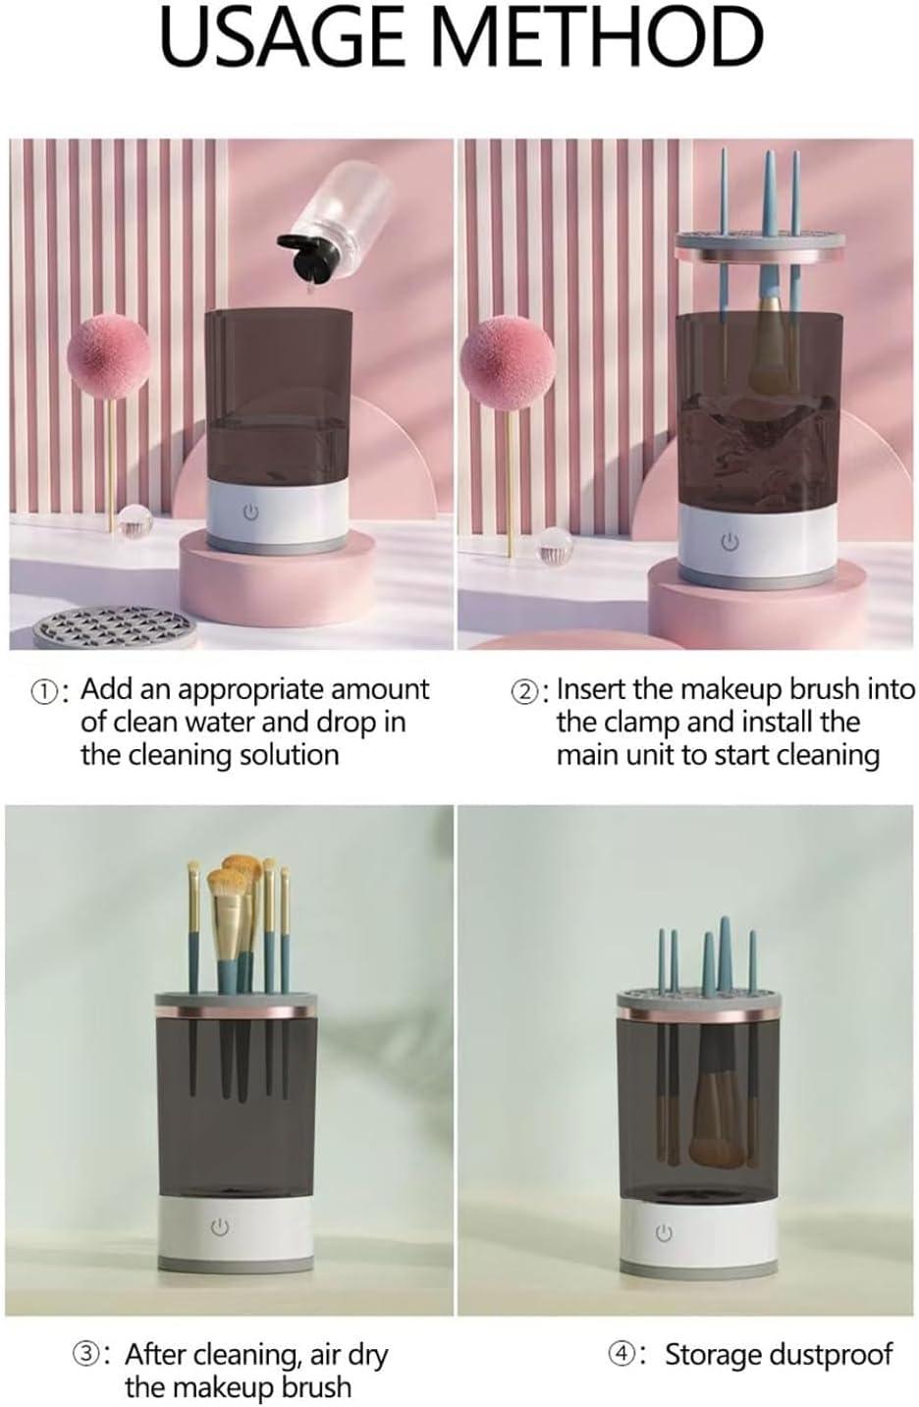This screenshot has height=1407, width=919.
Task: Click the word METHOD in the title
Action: tap(596, 37)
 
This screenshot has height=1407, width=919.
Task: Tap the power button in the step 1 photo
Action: tap(250, 512)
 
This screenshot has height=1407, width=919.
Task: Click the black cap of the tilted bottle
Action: tap(306, 257)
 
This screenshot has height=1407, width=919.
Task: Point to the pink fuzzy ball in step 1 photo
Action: tap(109, 357)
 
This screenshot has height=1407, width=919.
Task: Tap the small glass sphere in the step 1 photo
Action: tap(135, 522)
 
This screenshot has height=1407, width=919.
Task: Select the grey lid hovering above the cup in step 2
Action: tap(759, 246)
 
